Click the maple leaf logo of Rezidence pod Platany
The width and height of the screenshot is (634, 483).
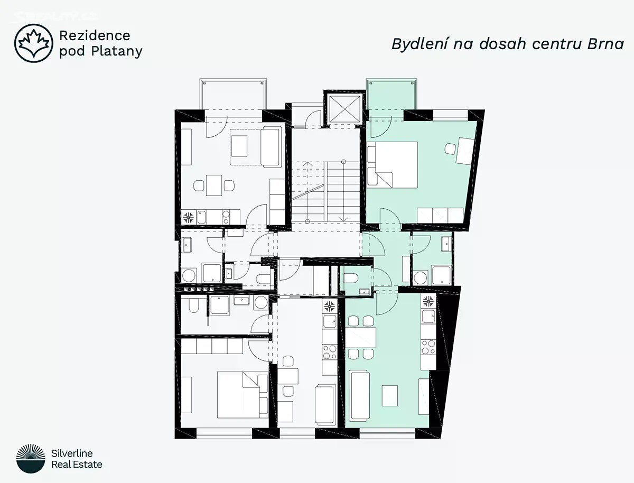pos(34,43)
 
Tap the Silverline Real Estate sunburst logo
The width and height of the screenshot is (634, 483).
pos(31,459)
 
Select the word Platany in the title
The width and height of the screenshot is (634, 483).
pos(117,51)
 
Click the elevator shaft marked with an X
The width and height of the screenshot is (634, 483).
pos(345,109)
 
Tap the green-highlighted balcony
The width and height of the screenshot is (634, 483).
pos(391,95)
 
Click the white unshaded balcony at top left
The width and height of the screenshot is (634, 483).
pos(233,95)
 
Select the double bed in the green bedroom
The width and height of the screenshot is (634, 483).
pos(393,165)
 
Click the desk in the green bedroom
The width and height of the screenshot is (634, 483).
pos(465,151)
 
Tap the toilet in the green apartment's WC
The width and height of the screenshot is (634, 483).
pos(351,278)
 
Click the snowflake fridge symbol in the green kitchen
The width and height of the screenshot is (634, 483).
pos(428,301)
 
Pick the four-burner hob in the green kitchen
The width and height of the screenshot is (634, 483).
pos(428,347)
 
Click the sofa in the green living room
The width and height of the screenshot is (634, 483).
pos(360,397)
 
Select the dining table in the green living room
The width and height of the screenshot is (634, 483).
pos(361,337)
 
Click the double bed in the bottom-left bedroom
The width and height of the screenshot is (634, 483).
pos(243,395)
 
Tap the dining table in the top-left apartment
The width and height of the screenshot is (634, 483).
pos(214,185)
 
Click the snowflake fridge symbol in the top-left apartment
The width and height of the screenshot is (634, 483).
pos(188,217)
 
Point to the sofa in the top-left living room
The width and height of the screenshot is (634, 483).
pos(271,147)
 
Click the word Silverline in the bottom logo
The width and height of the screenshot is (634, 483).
pos(72,453)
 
